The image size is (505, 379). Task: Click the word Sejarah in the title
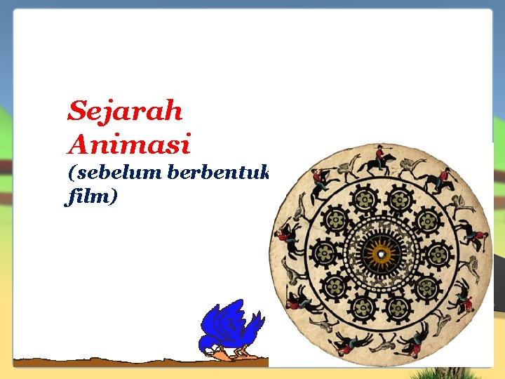[x=125, y=111]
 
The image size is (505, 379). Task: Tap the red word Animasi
[x=129, y=145]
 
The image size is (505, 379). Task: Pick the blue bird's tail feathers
[x=253, y=324]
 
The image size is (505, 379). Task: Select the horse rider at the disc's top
[x=379, y=160]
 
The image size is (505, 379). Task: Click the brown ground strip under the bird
[x=140, y=362]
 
